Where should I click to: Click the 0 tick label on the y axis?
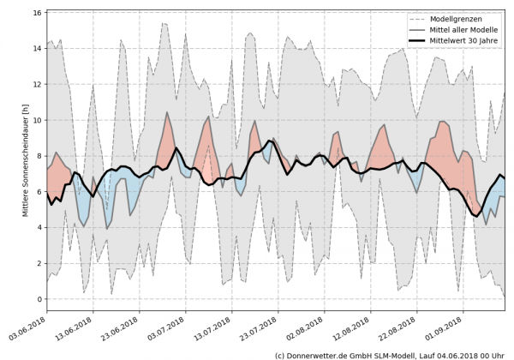(x=38, y=298)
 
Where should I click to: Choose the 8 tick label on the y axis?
(x=38, y=156)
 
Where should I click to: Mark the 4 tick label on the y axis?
(x=38, y=227)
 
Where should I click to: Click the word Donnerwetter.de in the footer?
(x=318, y=354)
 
